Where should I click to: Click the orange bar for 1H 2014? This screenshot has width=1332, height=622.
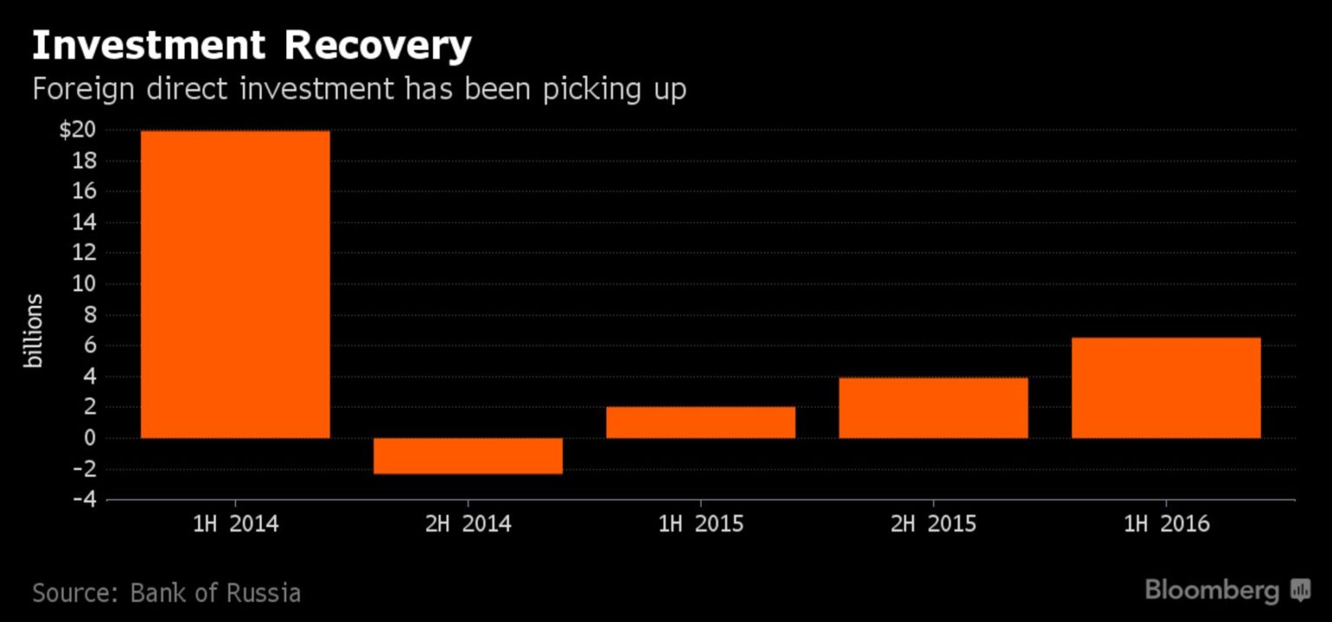pos(235,284)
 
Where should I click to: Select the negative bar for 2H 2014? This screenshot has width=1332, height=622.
pos(468,456)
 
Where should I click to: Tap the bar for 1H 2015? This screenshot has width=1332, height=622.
pos(701,422)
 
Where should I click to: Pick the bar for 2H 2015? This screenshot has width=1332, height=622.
pos(933,407)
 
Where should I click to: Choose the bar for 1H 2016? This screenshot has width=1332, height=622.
pos(1166,387)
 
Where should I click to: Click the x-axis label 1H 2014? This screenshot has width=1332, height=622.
pos(235,524)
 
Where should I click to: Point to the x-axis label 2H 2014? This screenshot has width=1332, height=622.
pos(468,524)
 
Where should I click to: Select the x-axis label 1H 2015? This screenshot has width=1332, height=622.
pos(701,524)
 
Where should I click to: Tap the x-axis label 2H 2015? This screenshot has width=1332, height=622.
pos(933,524)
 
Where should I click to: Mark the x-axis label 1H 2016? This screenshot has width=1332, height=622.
pos(1166,524)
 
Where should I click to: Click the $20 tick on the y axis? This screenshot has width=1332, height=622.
pos(77,130)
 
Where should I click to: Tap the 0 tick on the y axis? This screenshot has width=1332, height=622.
pos(89,438)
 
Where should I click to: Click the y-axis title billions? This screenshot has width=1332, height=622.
pos(34,331)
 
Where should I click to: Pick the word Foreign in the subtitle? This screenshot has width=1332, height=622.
pos(83,88)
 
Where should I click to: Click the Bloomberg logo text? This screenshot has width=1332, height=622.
pos(1211,591)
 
